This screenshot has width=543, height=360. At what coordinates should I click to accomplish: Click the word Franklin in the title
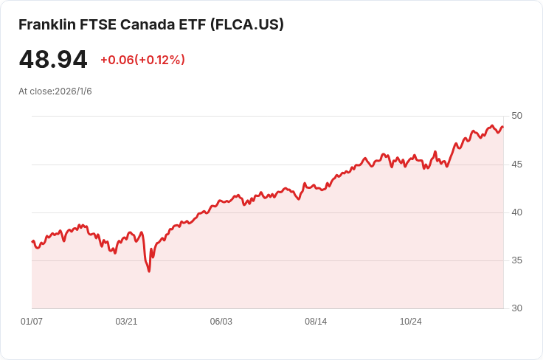pos(46,24)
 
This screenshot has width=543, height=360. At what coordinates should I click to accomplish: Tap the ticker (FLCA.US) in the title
pos(247,24)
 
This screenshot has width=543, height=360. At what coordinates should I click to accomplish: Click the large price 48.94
pos(53,60)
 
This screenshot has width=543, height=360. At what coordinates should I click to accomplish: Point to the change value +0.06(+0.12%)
pos(142,60)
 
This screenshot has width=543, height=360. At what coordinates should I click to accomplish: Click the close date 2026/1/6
pos(72,91)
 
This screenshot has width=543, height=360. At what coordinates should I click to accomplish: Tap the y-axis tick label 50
pos(516,116)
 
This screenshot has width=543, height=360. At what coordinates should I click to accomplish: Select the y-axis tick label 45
pos(516,164)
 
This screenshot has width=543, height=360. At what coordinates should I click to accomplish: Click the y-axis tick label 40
pos(516,212)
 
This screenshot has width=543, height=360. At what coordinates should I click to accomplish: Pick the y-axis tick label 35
pos(516,260)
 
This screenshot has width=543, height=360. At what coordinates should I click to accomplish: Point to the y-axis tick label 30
pos(516,308)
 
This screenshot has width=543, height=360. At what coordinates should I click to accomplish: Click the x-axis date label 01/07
pos(32,322)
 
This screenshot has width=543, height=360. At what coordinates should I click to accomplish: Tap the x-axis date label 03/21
pos(126,322)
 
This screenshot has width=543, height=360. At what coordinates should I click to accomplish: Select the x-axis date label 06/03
pos(221,322)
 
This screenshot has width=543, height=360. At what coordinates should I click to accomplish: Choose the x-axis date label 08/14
pos(316,322)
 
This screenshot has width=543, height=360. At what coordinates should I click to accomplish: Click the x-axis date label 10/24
pos(410,322)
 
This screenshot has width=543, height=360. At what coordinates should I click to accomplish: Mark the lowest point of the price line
pos(149,271)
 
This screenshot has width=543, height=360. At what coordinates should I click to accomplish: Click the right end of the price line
pos(503,126)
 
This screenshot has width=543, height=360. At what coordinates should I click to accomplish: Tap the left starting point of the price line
pos(32,241)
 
